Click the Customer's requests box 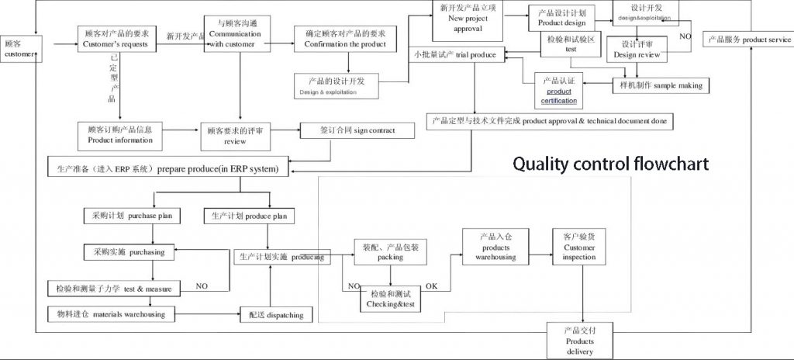(119, 40)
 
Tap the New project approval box (468, 19)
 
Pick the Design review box (636, 49)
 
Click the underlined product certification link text (560, 96)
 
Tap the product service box (747, 40)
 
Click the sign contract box (357, 130)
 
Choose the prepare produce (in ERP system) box (163, 168)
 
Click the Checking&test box (389, 300)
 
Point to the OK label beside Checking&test (432, 287)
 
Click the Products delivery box (579, 341)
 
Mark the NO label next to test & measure (202, 286)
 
